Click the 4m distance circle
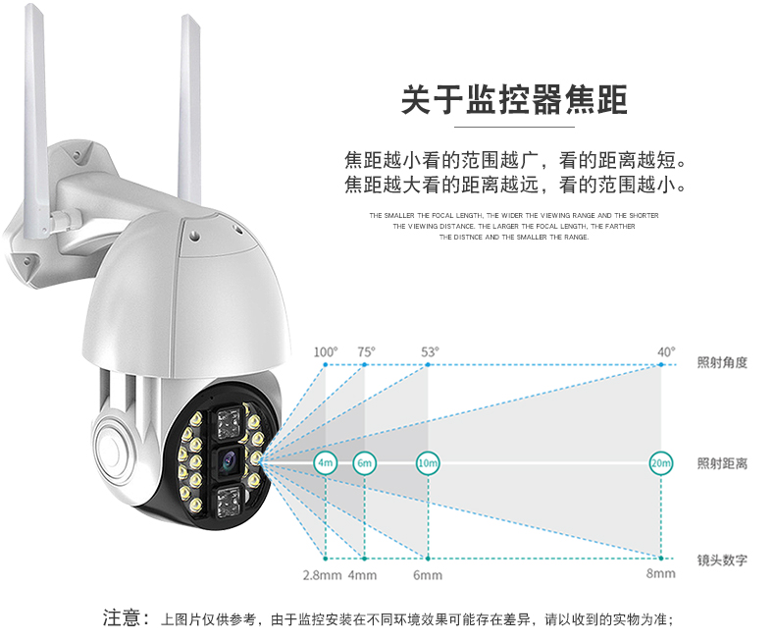[x=326, y=463]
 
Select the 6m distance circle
[x=364, y=463]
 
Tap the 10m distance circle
[x=428, y=463]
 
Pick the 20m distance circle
[x=661, y=463]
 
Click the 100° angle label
[x=326, y=352]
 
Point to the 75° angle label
[x=366, y=352]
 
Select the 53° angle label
[x=430, y=352]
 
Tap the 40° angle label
[x=666, y=352]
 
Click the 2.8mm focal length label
[x=322, y=575]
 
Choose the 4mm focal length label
[x=362, y=575]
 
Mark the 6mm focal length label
[x=428, y=575]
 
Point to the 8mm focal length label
[x=661, y=573]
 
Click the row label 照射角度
[x=722, y=362]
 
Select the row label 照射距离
[x=722, y=463]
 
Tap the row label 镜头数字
[x=722, y=560]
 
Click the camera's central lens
[x=229, y=461]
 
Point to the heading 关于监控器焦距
[x=514, y=100]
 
